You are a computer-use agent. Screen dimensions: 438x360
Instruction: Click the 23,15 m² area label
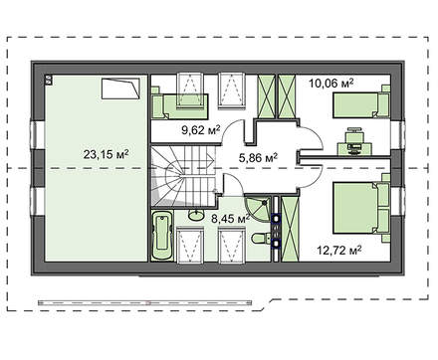point(106,154)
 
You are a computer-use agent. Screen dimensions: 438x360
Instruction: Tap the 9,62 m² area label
point(201,129)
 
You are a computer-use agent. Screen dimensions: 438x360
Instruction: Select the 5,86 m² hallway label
point(258,158)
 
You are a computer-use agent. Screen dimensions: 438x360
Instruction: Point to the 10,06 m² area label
point(330,83)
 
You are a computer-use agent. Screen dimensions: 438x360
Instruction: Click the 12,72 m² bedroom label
point(339,250)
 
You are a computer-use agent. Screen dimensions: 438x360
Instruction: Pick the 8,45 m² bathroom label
point(231,219)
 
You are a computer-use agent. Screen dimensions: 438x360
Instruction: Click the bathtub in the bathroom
point(162,236)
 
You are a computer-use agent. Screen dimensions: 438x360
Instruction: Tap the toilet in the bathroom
point(261,239)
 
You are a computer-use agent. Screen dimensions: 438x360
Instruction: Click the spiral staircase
point(183,177)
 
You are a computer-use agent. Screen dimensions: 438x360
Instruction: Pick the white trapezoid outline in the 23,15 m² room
point(120,89)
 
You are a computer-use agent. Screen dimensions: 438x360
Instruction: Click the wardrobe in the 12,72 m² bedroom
point(289,229)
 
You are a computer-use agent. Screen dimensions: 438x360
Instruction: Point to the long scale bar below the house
point(144,302)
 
